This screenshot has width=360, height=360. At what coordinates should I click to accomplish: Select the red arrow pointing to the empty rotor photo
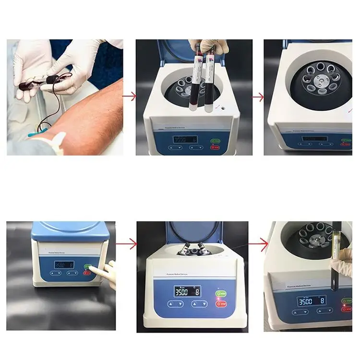258,97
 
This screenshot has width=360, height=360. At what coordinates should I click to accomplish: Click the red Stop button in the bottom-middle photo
221,303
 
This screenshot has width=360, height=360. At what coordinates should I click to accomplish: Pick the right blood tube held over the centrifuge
209,84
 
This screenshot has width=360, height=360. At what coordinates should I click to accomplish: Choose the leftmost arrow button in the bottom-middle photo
171,304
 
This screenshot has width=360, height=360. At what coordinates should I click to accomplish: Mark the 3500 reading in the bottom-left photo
60,264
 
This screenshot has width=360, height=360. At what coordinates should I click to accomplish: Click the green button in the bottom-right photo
345,301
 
